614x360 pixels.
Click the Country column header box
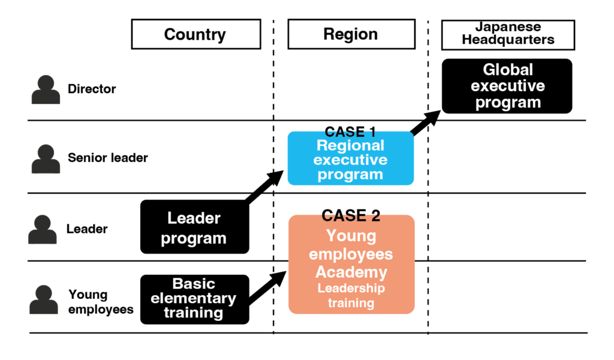pos(195,34)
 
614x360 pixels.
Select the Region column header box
pos(351,34)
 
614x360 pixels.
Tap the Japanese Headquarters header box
pos(508,34)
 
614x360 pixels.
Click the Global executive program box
pos(507,86)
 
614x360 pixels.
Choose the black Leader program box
pos(194,227)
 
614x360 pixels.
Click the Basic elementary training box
pos(194,299)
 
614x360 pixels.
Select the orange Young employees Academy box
pos(351,264)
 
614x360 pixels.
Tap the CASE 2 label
pos(351,215)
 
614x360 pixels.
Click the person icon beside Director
pos(46,89)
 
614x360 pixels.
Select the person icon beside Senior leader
pos(46,158)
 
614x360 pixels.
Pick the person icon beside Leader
pos(43,229)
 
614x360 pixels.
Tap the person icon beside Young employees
pos(44,300)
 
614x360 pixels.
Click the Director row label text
pos(92,89)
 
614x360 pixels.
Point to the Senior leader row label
pos(108,158)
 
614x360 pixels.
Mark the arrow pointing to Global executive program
pos(427,123)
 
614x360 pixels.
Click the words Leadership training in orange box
pos(351,296)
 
